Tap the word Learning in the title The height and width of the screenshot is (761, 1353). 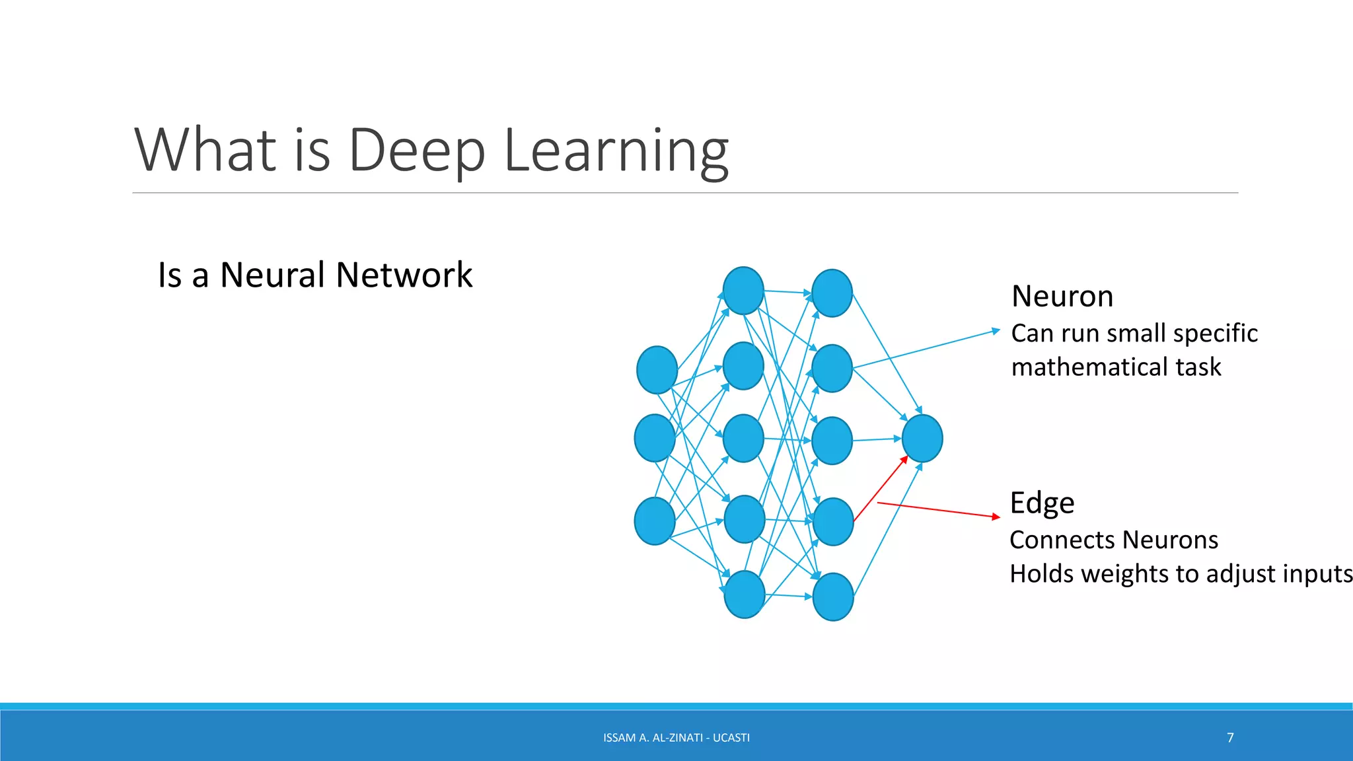pyautogui.click(x=616, y=151)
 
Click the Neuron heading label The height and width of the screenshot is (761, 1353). pyautogui.click(x=1062, y=296)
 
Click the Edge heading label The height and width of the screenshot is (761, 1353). pyautogui.click(x=1042, y=503)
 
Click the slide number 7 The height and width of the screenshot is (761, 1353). pyautogui.click(x=1230, y=737)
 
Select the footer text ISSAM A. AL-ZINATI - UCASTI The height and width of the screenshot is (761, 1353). pyautogui.click(x=676, y=737)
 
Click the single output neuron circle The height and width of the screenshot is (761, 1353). pyautogui.click(x=922, y=438)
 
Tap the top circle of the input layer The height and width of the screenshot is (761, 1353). pyautogui.click(x=657, y=370)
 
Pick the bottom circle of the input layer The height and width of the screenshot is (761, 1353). pyautogui.click(x=654, y=521)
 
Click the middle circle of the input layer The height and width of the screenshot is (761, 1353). pyautogui.click(x=654, y=438)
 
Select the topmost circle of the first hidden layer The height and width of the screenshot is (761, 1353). pyautogui.click(x=743, y=291)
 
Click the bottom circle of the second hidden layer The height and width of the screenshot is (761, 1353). pyautogui.click(x=832, y=597)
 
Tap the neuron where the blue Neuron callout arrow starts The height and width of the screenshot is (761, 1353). pyautogui.click(x=832, y=368)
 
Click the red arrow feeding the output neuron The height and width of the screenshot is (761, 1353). pyautogui.click(x=881, y=489)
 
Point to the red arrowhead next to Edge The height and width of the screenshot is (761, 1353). pyautogui.click(x=997, y=517)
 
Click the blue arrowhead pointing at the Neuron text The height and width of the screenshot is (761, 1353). pyautogui.click(x=996, y=330)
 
